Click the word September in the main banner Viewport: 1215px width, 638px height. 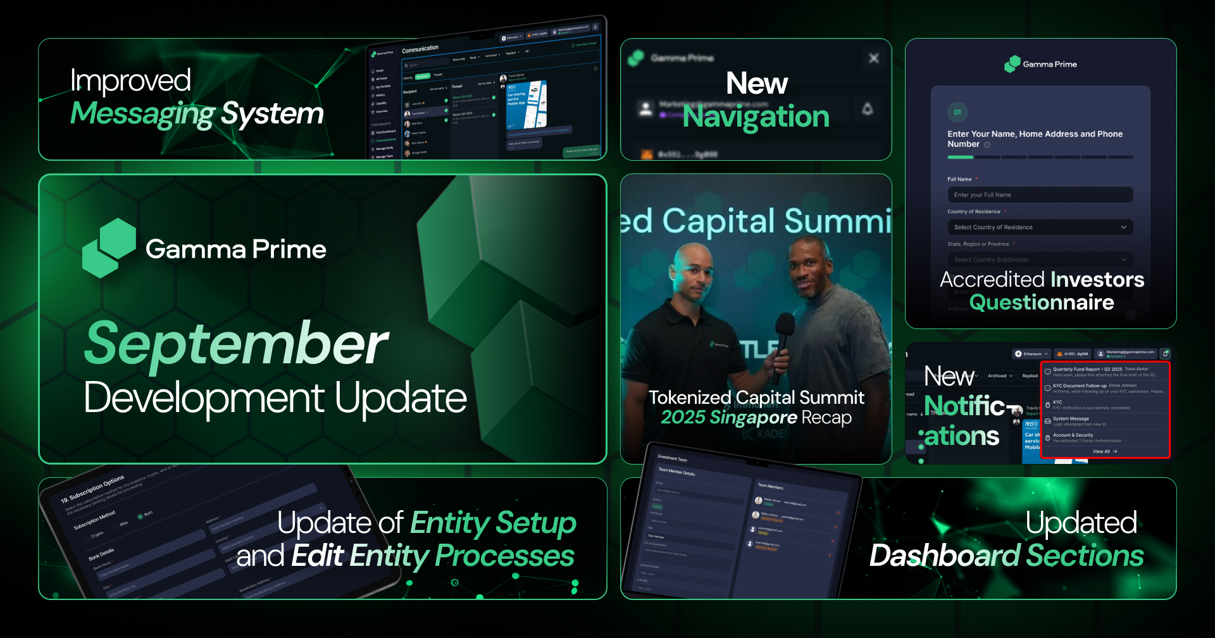(235, 344)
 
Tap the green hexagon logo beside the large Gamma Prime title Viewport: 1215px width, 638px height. (109, 248)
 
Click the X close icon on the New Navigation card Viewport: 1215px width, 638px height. (873, 58)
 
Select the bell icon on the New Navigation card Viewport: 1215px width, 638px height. (867, 109)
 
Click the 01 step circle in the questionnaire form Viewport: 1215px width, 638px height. (957, 112)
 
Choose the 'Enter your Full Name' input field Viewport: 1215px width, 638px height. (1040, 195)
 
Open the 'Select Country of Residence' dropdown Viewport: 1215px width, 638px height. (1040, 227)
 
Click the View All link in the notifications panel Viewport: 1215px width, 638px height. (1104, 451)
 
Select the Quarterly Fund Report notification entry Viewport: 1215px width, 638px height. (1104, 372)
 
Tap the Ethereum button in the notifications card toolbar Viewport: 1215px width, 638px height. (1031, 354)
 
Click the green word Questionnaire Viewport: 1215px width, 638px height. (1042, 303)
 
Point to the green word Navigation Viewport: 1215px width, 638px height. (756, 117)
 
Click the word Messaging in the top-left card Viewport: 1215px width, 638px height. (143, 114)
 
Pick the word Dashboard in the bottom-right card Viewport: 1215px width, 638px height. (944, 556)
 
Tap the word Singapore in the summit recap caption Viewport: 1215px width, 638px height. (752, 418)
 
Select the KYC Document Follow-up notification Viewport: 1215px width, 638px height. (1104, 388)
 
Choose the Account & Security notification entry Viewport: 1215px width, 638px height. (1104, 437)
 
